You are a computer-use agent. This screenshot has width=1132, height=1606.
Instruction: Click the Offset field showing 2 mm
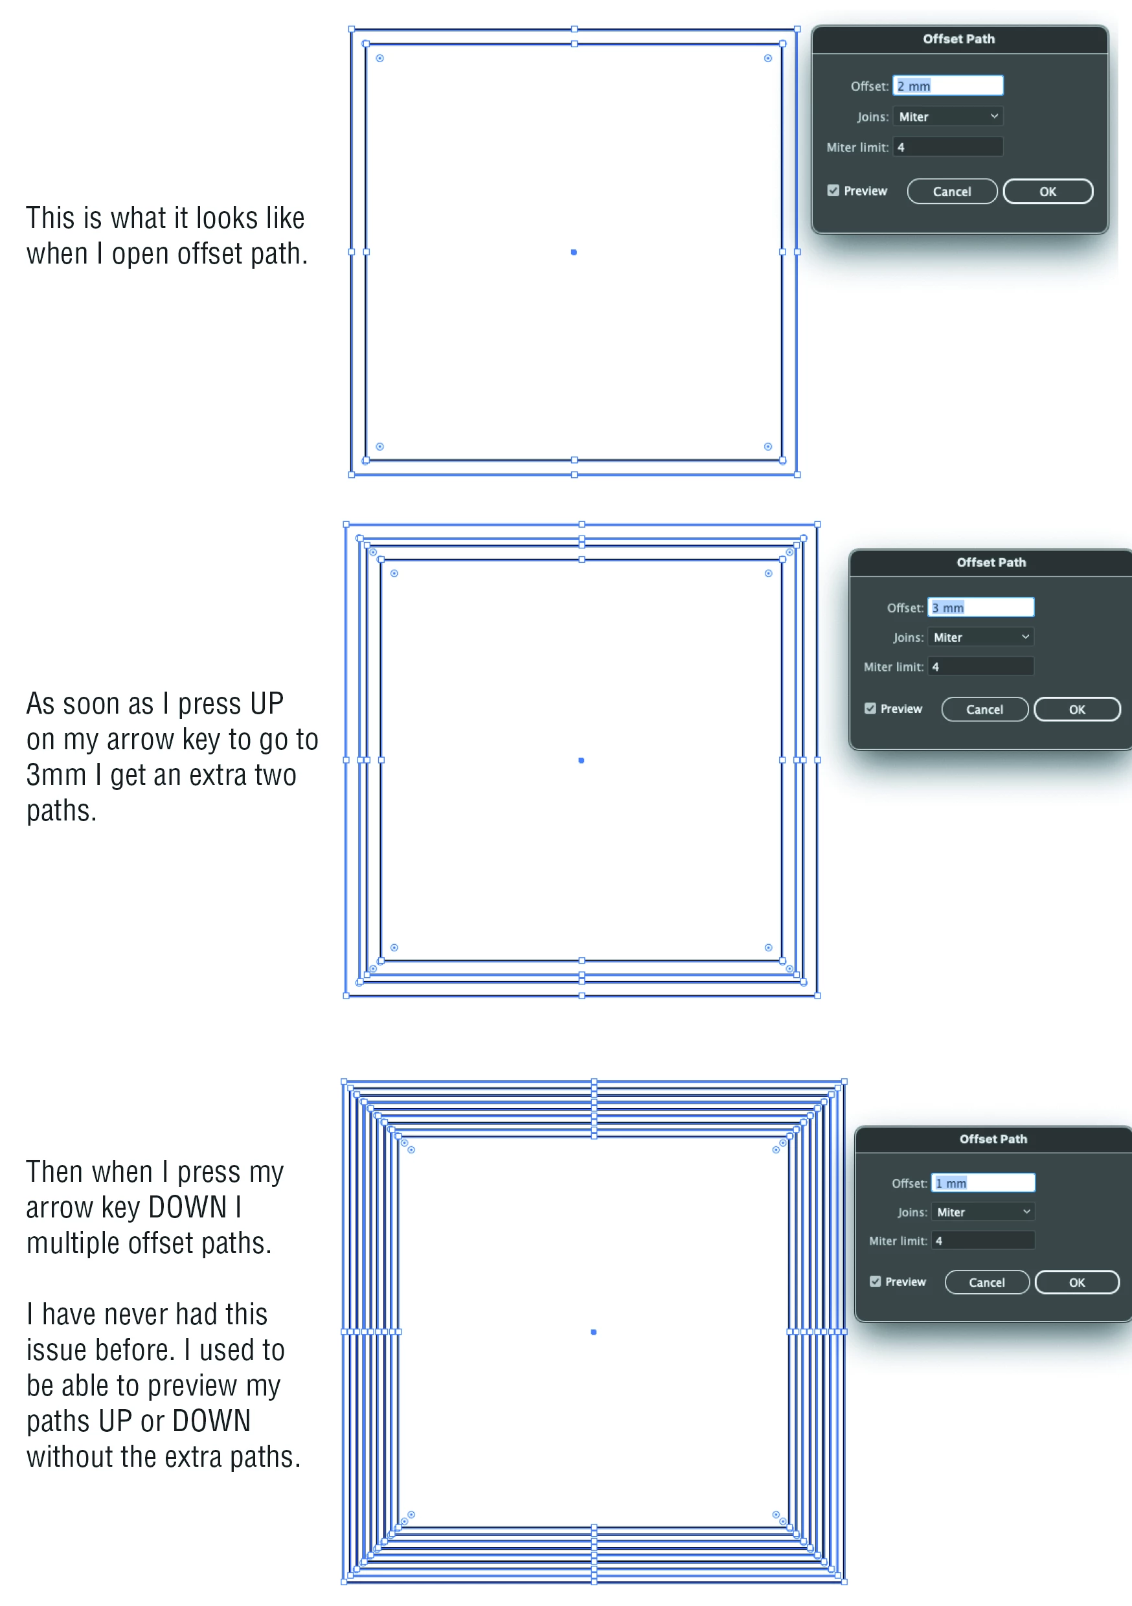pyautogui.click(x=948, y=85)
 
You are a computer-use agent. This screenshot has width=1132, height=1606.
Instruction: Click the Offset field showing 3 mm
pyautogui.click(x=981, y=607)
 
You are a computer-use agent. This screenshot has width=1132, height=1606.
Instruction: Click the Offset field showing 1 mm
pyautogui.click(x=983, y=1183)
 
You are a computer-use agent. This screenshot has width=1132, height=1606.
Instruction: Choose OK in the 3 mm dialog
pyautogui.click(x=1077, y=709)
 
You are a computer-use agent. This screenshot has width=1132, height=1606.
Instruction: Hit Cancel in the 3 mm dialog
pyautogui.click(x=984, y=709)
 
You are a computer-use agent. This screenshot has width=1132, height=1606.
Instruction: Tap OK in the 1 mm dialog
pyautogui.click(x=1077, y=1282)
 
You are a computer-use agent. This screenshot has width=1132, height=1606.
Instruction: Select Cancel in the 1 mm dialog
pyautogui.click(x=986, y=1282)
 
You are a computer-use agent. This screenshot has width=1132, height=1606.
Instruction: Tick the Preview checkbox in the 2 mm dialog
pyautogui.click(x=833, y=190)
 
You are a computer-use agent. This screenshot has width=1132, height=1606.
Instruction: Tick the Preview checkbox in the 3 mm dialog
pyautogui.click(x=870, y=708)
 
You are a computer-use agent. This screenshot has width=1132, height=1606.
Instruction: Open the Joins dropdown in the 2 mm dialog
pyautogui.click(x=948, y=116)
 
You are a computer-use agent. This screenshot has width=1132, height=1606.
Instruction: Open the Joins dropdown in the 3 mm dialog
pyautogui.click(x=981, y=637)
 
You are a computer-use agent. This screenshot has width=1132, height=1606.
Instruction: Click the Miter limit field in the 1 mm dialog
pyautogui.click(x=983, y=1240)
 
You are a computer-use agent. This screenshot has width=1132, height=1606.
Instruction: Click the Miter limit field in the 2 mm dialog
pyautogui.click(x=948, y=147)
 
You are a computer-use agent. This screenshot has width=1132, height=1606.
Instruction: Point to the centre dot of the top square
pyautogui.click(x=574, y=252)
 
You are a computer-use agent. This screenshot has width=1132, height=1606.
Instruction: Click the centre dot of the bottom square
pyautogui.click(x=593, y=1332)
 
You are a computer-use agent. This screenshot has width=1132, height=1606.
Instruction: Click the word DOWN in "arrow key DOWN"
pyautogui.click(x=188, y=1208)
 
